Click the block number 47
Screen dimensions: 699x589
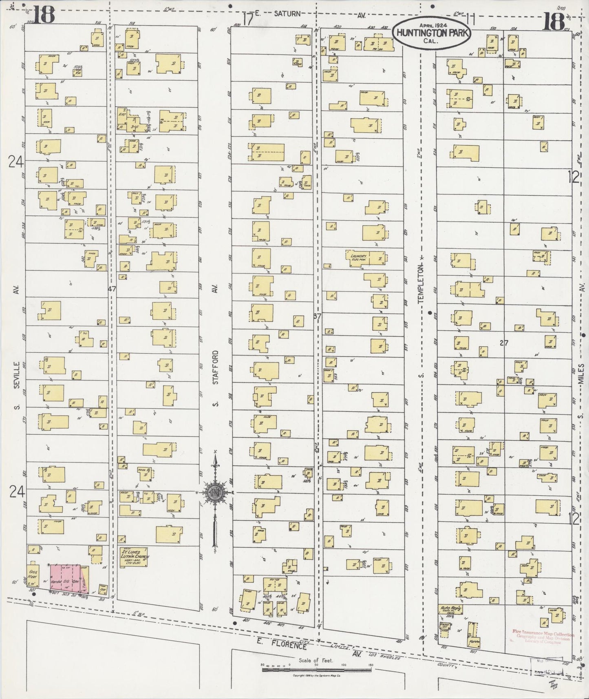coord(112,288)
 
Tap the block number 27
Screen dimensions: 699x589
coord(504,343)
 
